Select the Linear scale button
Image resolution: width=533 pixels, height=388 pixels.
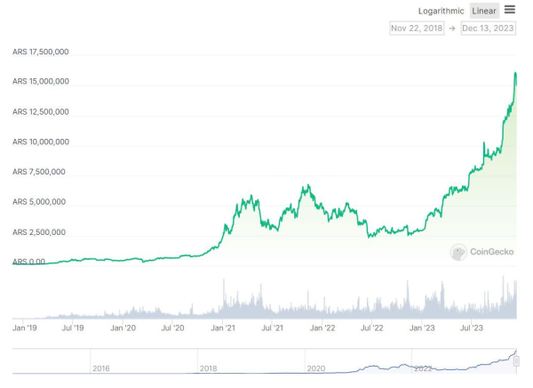(x=484, y=11)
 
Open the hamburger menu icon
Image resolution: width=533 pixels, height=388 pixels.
(x=510, y=10)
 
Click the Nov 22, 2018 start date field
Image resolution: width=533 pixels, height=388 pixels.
(x=417, y=28)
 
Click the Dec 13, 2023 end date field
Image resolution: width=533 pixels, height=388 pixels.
(x=488, y=28)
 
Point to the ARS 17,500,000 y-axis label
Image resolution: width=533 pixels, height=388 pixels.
(x=41, y=52)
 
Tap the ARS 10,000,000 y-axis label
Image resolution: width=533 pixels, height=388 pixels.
(x=41, y=142)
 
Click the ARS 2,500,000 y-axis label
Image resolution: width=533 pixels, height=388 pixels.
(x=41, y=232)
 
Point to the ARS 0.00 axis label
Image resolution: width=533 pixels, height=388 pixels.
(x=29, y=263)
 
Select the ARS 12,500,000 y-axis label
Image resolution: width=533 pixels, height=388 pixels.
(x=41, y=112)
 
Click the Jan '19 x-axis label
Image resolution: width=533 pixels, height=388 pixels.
(x=24, y=328)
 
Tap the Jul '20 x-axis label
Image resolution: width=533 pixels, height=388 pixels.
(x=173, y=328)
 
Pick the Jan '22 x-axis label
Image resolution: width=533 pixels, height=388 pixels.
(x=322, y=328)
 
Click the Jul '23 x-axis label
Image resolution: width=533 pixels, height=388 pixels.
(x=471, y=328)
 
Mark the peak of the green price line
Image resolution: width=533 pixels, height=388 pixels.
(x=515, y=74)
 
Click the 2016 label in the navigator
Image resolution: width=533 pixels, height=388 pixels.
(x=101, y=368)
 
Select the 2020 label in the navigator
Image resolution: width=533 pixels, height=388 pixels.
(x=315, y=368)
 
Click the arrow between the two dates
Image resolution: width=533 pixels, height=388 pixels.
(x=451, y=28)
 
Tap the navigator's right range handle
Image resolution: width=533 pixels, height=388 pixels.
(x=516, y=361)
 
